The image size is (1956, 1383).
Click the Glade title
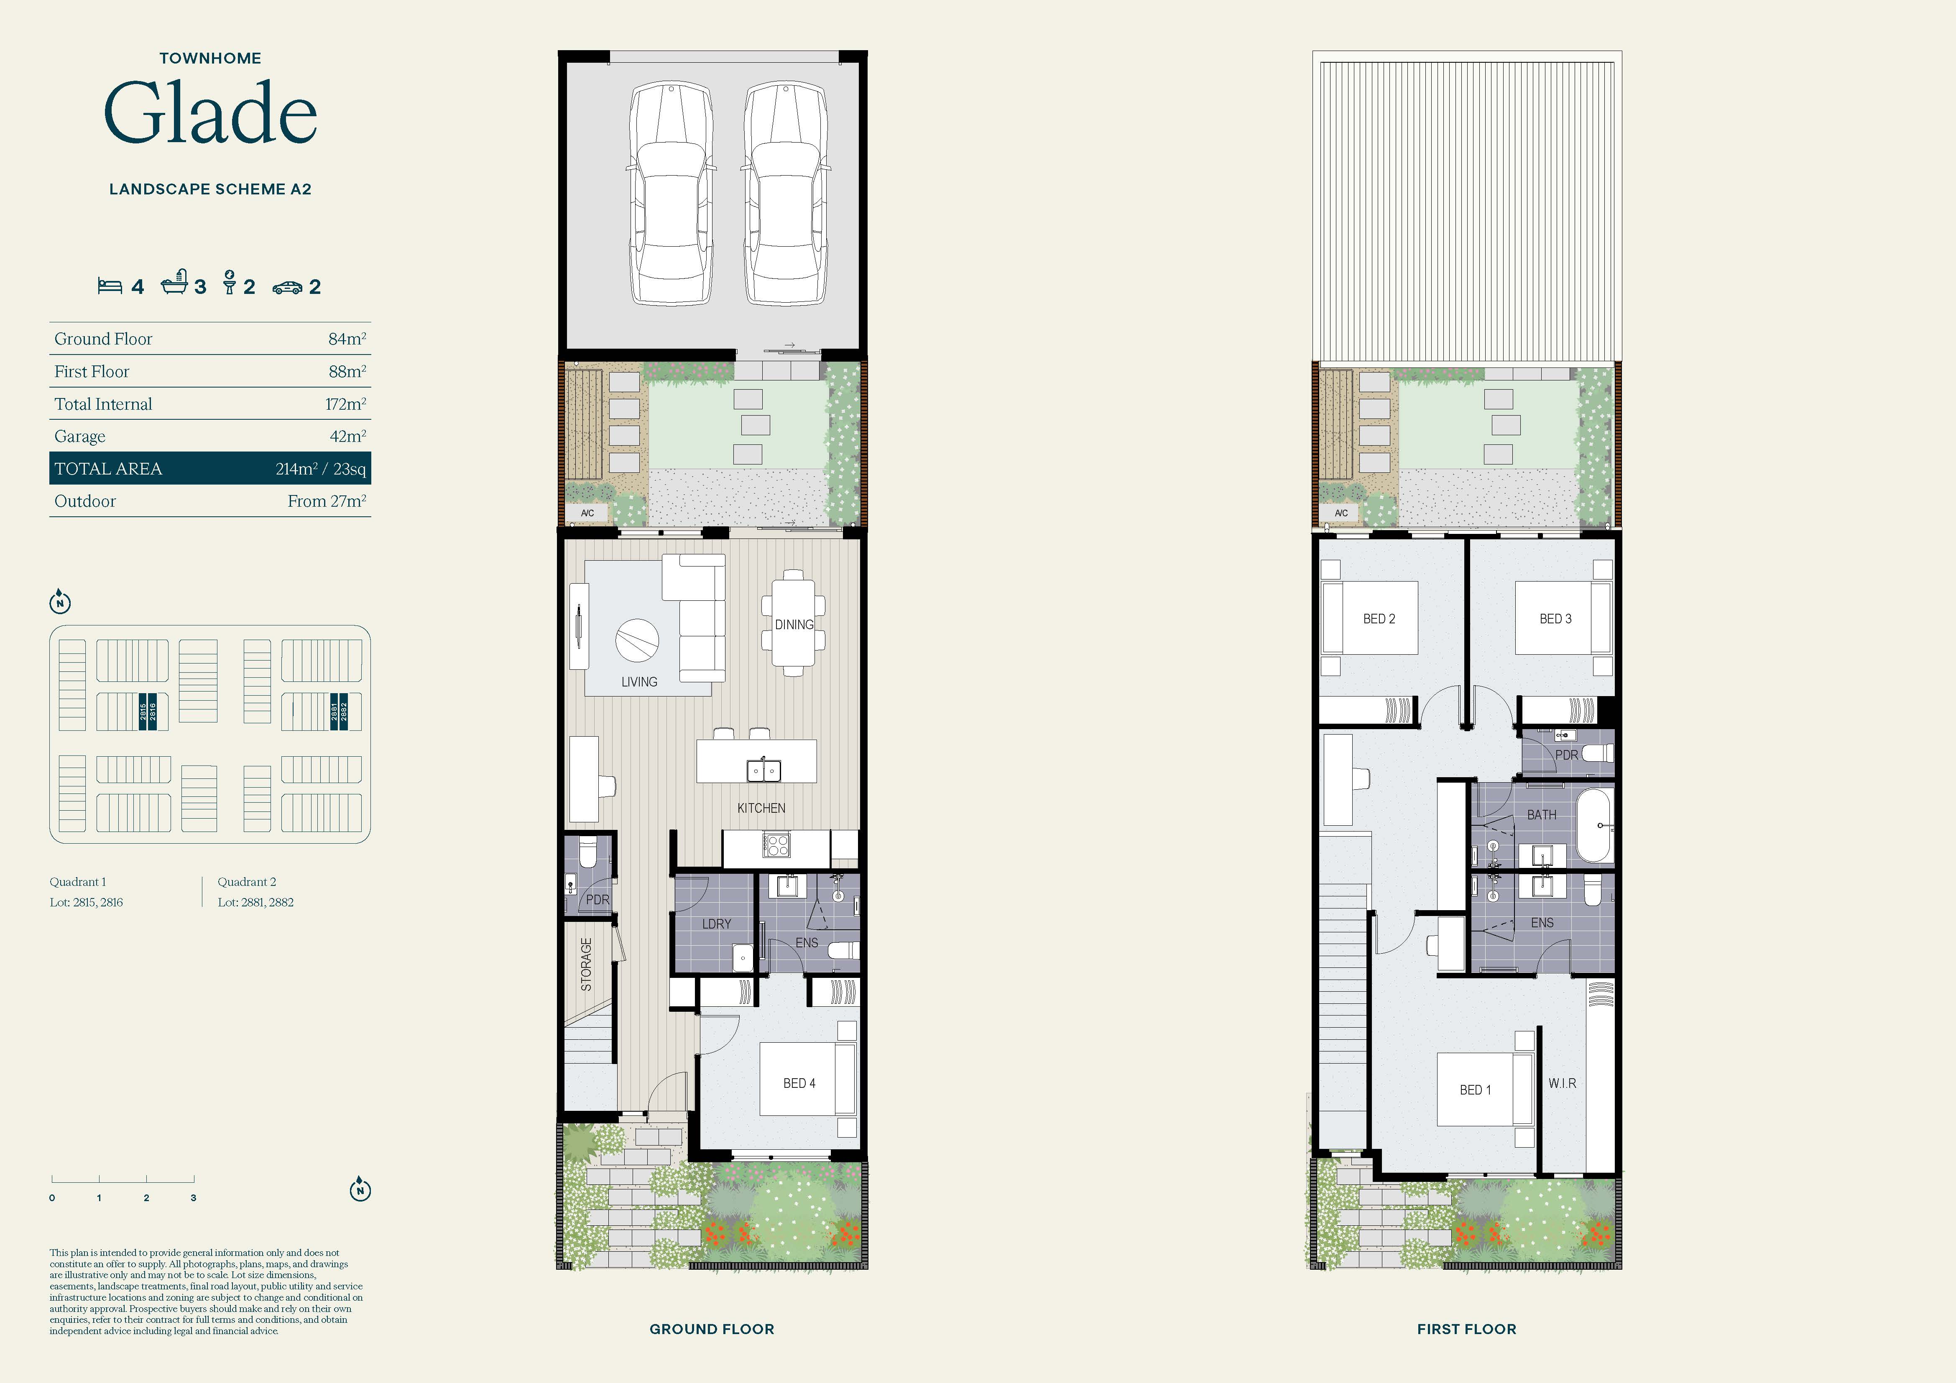210,112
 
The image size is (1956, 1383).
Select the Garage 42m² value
347,436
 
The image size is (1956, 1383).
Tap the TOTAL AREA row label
108,468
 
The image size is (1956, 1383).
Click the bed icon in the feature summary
110,286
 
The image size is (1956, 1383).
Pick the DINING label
794,624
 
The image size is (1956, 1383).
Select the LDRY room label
717,923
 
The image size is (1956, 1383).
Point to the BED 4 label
799,1083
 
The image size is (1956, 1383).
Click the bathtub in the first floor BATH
1594,826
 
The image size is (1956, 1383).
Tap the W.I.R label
1563,1083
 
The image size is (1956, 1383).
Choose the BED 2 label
1379,619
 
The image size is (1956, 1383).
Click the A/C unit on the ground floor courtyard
587,513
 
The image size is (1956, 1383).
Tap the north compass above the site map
60,602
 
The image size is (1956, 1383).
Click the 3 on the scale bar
194,1197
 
